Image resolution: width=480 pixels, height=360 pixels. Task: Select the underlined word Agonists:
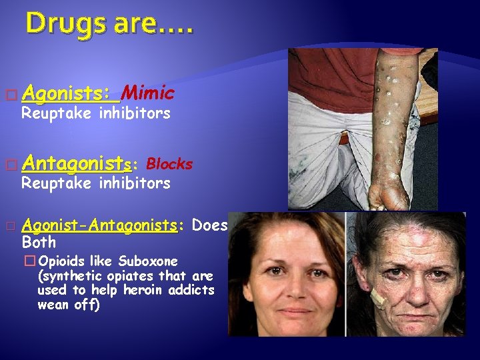point(72,92)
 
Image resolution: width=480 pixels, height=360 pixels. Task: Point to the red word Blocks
point(169,163)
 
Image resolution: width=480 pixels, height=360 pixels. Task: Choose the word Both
point(39,241)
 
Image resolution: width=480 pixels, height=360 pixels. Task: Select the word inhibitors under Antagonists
point(135,183)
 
